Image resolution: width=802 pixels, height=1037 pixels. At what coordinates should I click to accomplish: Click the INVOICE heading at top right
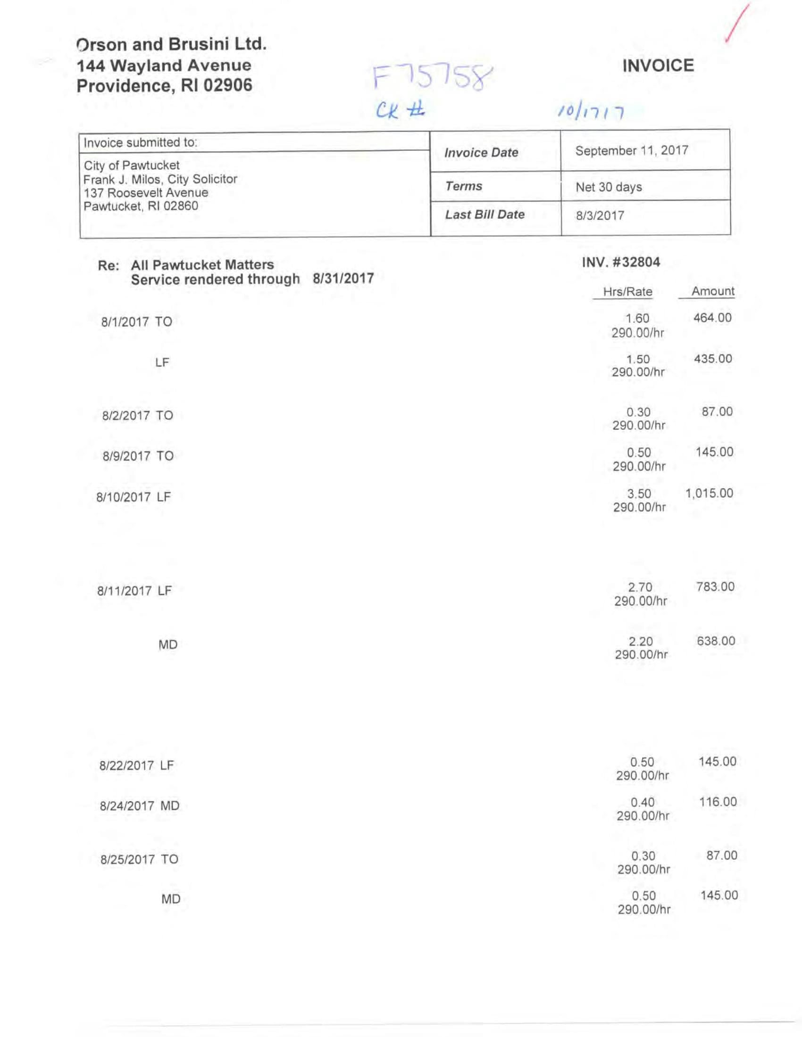point(658,66)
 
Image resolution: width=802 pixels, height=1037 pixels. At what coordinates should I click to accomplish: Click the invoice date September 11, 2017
point(631,150)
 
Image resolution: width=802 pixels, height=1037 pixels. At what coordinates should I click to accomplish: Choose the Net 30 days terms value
point(608,187)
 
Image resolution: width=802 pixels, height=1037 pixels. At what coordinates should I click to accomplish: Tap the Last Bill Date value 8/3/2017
point(600,215)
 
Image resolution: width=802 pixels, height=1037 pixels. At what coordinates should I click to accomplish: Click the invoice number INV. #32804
point(621,262)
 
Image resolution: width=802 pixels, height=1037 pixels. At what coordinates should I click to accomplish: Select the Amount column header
point(712,291)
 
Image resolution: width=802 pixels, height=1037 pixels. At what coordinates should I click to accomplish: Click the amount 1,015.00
point(709,494)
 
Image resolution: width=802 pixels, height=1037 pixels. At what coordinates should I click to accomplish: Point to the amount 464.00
point(712,318)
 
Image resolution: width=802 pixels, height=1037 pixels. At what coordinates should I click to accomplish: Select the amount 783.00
point(715,586)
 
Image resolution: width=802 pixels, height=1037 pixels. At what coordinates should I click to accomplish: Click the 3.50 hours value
point(639,494)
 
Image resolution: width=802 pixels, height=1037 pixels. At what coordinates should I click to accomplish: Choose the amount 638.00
point(716,641)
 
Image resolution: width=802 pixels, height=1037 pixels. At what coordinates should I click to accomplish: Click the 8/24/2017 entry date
point(127,806)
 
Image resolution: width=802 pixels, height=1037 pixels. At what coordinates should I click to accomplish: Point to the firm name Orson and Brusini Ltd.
point(171,44)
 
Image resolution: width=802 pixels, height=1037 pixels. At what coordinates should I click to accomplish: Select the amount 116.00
point(718,802)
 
